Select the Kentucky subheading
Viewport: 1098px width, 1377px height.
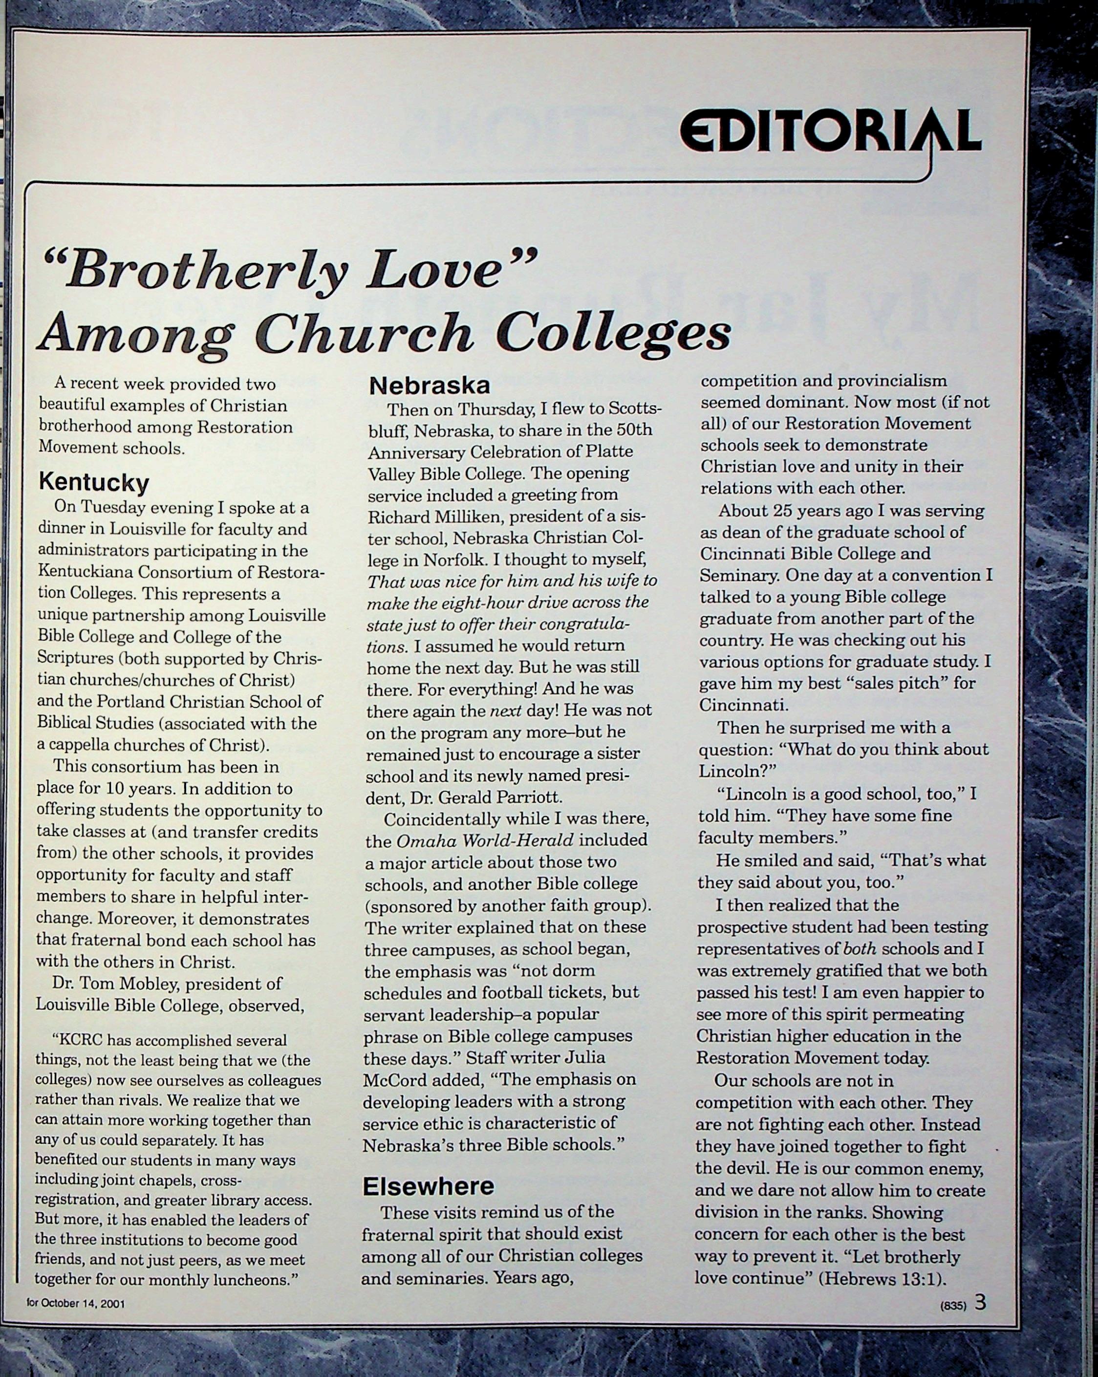(x=94, y=482)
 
